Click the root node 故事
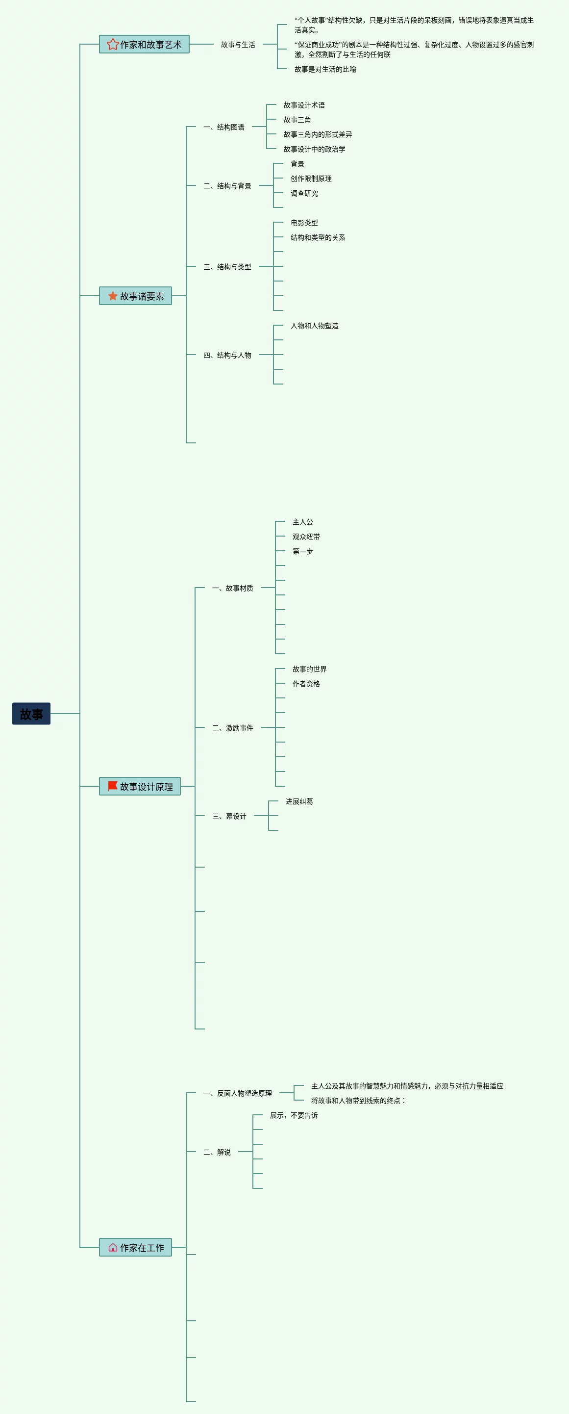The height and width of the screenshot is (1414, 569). [x=31, y=714]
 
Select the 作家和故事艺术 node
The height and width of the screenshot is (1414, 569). [x=144, y=45]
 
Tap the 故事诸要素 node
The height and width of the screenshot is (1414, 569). [x=136, y=296]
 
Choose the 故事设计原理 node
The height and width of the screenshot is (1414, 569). [x=140, y=786]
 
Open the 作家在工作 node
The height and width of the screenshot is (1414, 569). [x=136, y=1247]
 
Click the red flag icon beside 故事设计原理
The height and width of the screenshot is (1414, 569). [x=113, y=786]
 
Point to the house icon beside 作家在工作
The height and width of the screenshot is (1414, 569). [x=113, y=1247]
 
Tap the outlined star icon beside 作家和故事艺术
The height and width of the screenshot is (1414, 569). [x=113, y=45]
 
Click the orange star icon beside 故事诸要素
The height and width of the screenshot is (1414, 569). [x=113, y=296]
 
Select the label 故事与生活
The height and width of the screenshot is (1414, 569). [x=238, y=45]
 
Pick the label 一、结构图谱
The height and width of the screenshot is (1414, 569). [x=224, y=128]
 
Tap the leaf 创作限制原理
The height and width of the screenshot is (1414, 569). [x=311, y=179]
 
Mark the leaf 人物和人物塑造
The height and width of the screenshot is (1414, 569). [x=315, y=326]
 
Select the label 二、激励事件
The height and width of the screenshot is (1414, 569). [x=233, y=728]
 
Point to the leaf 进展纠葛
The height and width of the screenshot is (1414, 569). [x=299, y=801]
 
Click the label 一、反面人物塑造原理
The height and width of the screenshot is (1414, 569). [x=238, y=1093]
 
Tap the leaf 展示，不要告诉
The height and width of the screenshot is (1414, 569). [x=294, y=1115]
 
